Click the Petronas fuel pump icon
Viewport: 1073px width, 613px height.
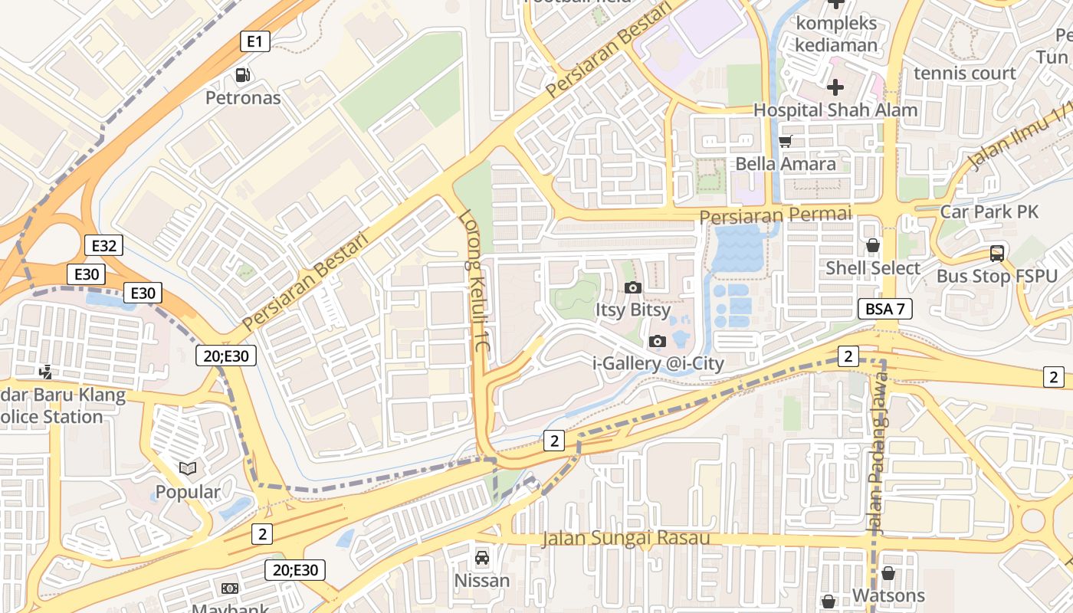coord(243,74)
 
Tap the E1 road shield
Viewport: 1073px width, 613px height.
coord(254,41)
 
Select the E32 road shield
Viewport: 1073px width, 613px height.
coord(103,246)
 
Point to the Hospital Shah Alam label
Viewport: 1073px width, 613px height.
coord(835,110)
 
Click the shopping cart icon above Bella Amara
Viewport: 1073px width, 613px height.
coord(785,141)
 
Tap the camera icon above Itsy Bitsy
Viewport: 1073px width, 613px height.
coord(633,288)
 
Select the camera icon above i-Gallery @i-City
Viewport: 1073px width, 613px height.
coord(658,341)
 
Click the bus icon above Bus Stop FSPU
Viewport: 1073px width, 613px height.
coord(996,254)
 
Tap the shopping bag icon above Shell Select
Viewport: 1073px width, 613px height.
coord(872,246)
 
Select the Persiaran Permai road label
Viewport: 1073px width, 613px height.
coord(776,215)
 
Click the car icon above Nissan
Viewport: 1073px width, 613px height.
coord(481,558)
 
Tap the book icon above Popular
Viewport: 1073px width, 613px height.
coord(188,468)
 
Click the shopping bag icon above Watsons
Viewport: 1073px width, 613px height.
coord(888,573)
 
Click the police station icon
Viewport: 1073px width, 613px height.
coord(46,372)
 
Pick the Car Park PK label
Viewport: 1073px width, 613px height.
coord(989,212)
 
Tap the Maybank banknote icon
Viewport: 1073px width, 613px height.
coord(229,588)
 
